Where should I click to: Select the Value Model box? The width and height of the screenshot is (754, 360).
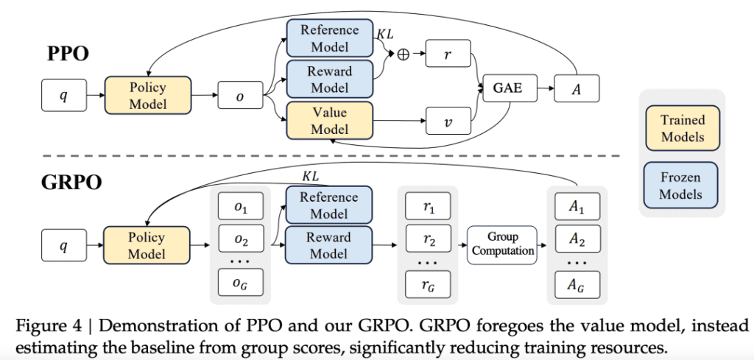[329, 121]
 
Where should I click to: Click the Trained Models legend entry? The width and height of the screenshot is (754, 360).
[683, 128]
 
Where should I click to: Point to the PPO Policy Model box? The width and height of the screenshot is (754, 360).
[148, 96]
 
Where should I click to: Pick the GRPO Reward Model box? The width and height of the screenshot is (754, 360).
[329, 244]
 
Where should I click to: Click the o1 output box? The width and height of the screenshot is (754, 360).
[241, 209]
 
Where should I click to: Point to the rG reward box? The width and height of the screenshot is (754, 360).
[427, 283]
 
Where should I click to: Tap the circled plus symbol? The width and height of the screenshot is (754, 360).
[403, 54]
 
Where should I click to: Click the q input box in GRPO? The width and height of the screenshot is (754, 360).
[64, 244]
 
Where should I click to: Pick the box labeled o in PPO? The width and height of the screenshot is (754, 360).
[240, 96]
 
